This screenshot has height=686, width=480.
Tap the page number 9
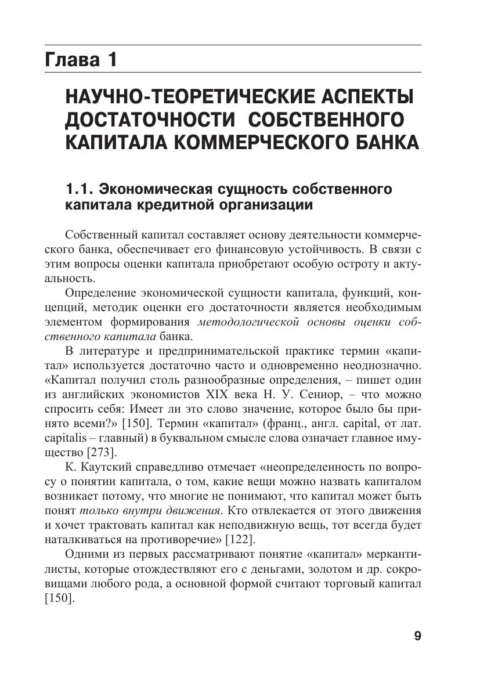[417, 636]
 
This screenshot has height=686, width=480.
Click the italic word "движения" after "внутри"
[196, 510]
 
